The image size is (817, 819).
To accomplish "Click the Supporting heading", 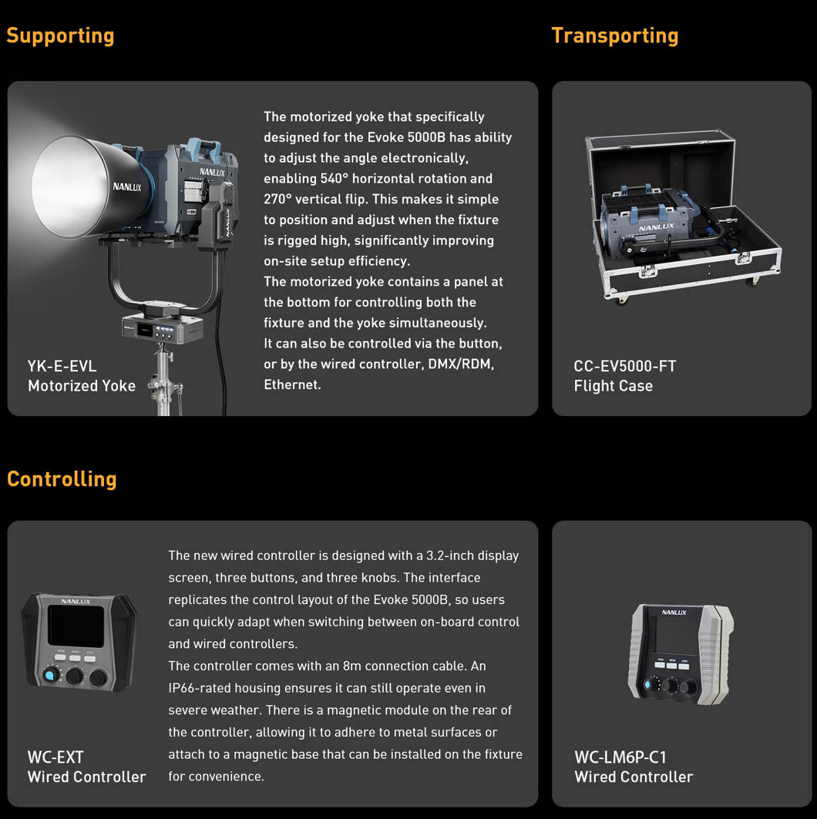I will coord(60,35).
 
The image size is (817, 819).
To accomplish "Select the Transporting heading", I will coord(614,35).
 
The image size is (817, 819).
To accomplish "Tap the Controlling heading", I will coord(62,478).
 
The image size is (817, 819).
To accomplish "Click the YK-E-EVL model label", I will coord(62,366).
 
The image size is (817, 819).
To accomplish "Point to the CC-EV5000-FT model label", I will coord(624,366).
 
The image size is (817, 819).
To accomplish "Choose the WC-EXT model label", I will coord(55,757).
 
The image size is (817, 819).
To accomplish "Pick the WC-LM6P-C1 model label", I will coord(620,757).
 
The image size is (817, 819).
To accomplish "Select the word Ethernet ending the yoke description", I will coord(291,384).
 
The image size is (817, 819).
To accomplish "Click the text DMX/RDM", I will coord(461,364).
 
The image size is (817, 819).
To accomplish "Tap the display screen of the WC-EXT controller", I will coord(76,626).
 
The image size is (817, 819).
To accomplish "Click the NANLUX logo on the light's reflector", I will coord(127,186).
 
